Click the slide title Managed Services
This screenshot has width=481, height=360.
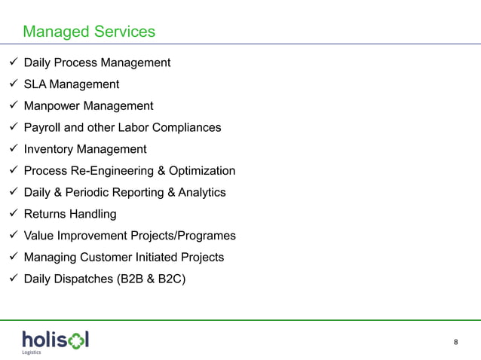coord(89,32)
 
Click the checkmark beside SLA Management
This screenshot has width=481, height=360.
coord(11,84)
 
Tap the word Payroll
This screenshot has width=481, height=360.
coord(44,127)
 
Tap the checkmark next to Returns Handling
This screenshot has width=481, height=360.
coord(11,214)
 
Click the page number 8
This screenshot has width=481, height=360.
coord(455,343)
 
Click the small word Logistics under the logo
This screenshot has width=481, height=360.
coord(31,352)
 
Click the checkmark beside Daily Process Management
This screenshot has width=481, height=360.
coord(11,63)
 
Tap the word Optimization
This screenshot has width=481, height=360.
coord(201,171)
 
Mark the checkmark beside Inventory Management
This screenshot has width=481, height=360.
coord(11,149)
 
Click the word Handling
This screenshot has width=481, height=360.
coord(92,215)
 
